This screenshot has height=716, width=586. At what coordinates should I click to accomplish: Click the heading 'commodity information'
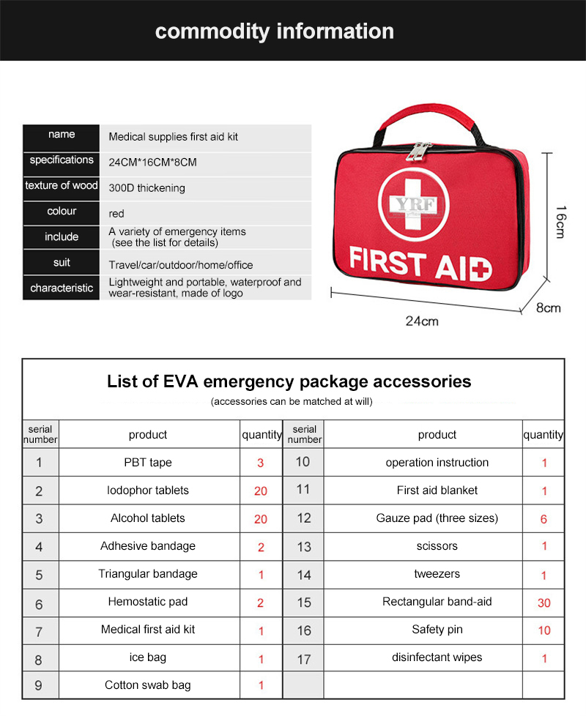tap(275, 31)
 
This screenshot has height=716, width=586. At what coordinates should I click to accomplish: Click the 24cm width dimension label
tap(422, 321)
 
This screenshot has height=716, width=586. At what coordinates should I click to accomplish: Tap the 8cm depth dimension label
tap(548, 307)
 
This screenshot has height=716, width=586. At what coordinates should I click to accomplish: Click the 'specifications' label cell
tap(62, 160)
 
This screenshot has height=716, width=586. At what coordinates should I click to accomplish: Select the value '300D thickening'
tap(146, 188)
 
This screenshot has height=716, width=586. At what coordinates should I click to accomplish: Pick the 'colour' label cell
tap(62, 212)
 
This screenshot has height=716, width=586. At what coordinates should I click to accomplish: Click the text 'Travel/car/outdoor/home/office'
tap(181, 265)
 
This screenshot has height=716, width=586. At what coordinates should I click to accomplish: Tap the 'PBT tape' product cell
tap(148, 463)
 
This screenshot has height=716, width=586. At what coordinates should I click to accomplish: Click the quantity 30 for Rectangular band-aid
tap(544, 603)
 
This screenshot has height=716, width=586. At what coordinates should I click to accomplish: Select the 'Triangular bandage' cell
tap(148, 574)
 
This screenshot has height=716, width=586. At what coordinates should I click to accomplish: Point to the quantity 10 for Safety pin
tap(544, 631)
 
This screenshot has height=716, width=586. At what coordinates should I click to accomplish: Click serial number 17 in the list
tap(304, 659)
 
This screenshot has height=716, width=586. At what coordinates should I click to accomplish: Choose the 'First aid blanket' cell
tap(437, 491)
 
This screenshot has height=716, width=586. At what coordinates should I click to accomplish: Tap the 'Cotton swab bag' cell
tap(148, 685)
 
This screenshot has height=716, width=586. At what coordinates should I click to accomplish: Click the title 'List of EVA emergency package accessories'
tap(289, 381)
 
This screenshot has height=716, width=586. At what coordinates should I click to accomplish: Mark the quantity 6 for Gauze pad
tap(544, 519)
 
